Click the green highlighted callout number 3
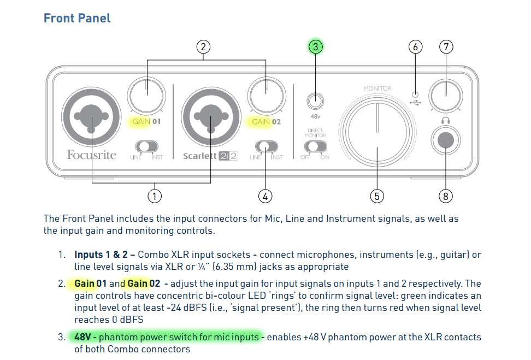[x=315, y=47]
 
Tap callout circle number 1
[x=155, y=196]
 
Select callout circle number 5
[x=377, y=196]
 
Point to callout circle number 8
[x=446, y=196]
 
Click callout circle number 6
[x=415, y=47]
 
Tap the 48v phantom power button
[x=315, y=101]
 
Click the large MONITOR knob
[x=377, y=131]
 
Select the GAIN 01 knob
[x=146, y=95]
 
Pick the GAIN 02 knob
[x=267, y=95]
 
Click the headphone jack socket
[x=446, y=140]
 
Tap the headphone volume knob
[x=446, y=95]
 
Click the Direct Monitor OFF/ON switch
[x=315, y=146]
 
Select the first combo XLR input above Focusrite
[x=91, y=117]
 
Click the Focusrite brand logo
[x=91, y=155]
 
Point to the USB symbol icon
[x=416, y=102]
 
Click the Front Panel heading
[x=77, y=18]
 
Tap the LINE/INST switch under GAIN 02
[x=266, y=146]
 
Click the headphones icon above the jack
[x=446, y=120]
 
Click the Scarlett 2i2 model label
[x=210, y=156]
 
